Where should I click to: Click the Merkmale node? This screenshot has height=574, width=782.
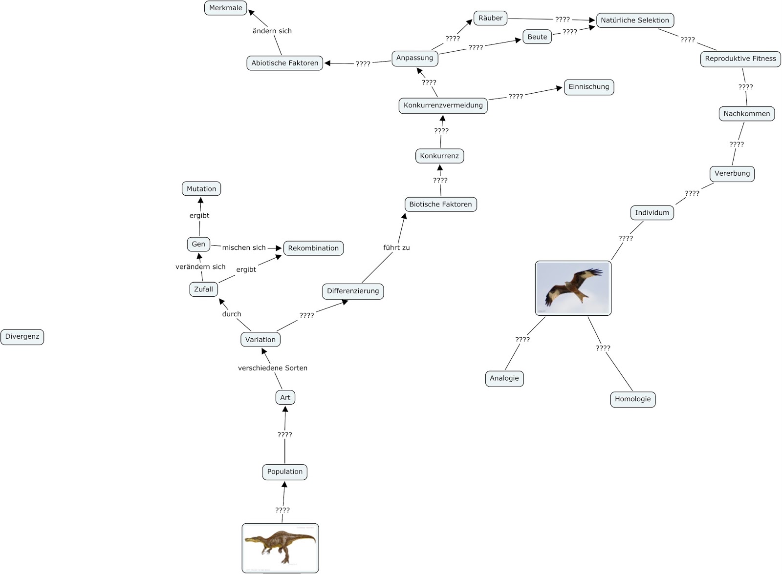226,8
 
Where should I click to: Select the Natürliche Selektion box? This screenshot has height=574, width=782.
635,20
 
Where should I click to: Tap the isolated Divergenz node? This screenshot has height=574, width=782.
22,337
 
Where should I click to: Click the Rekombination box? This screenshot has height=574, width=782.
313,248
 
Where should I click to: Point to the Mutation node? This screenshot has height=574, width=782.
201,189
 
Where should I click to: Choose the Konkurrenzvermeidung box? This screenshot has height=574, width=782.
443,105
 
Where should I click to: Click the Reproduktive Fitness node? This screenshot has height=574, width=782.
740,59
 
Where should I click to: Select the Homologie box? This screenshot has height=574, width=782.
633,399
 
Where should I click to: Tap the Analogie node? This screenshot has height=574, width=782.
504,378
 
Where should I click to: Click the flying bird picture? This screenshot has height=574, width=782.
573,288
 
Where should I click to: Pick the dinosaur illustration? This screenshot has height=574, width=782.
280,548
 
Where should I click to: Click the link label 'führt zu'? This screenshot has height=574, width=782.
396,248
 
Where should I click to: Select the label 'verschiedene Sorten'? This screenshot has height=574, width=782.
273,368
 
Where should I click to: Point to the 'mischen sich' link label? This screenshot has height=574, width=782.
244,248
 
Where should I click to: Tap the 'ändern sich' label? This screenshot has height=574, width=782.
272,31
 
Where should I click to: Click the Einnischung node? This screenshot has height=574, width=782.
589,87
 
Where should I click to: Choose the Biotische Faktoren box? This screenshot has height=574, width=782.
440,205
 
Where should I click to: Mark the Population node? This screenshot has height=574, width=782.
285,472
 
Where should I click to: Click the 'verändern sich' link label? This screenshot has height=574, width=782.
200,267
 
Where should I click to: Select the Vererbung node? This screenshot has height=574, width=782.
732,174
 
